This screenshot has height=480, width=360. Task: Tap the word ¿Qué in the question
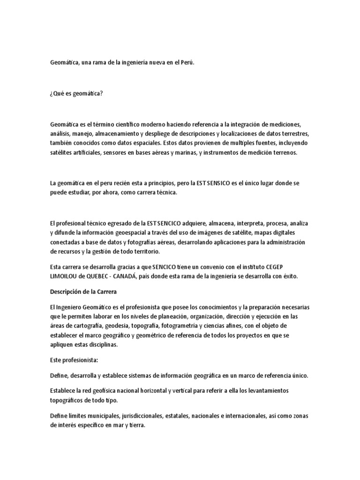57,93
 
